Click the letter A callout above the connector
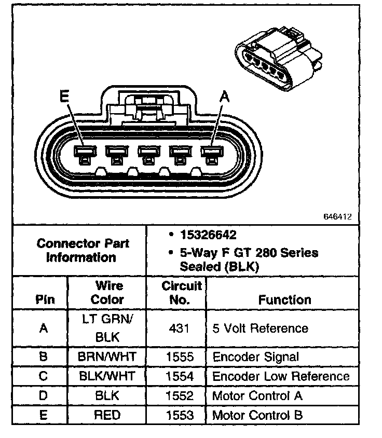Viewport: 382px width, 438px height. click(224, 97)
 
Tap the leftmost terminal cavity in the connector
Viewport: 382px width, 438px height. click(85, 153)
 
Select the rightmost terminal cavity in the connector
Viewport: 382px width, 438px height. click(212, 153)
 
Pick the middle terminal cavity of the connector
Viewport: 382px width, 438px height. click(148, 153)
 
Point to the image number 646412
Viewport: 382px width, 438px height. click(337, 216)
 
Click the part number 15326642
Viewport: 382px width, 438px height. click(209, 235)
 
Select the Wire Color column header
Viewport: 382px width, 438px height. click(107, 293)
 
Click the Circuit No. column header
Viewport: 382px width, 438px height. click(182, 293)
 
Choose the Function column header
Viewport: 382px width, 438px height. click(284, 299)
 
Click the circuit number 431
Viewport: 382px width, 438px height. click(179, 328)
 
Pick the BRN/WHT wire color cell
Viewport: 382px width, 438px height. click(107, 357)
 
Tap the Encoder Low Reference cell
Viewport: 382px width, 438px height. click(281, 376)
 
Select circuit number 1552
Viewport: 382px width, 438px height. click(179, 396)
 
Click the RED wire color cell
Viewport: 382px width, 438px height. click(107, 415)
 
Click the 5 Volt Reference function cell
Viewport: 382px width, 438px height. click(260, 328)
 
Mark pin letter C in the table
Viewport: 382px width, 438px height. click(43, 376)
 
